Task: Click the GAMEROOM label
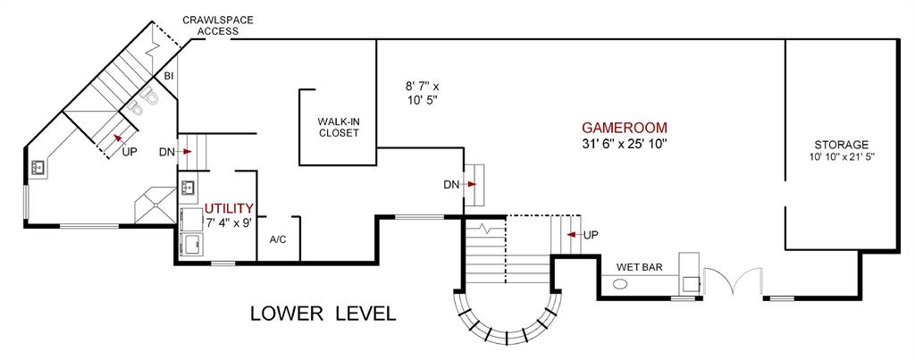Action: point(624,127)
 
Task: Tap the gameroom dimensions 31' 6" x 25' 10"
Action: point(624,143)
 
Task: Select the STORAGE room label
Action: point(841,145)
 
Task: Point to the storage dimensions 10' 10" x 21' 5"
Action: point(841,157)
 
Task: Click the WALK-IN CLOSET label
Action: point(339,127)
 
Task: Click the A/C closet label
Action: point(277,240)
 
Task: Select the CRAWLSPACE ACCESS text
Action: point(212,25)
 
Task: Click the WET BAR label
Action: point(638,266)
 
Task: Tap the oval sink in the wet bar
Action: point(620,285)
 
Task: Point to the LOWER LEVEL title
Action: point(323,314)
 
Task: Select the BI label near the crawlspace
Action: point(168,77)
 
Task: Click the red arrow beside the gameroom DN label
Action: point(471,185)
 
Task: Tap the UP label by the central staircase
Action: point(591,235)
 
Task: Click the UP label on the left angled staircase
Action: point(130,152)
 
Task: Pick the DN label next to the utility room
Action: point(166,152)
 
